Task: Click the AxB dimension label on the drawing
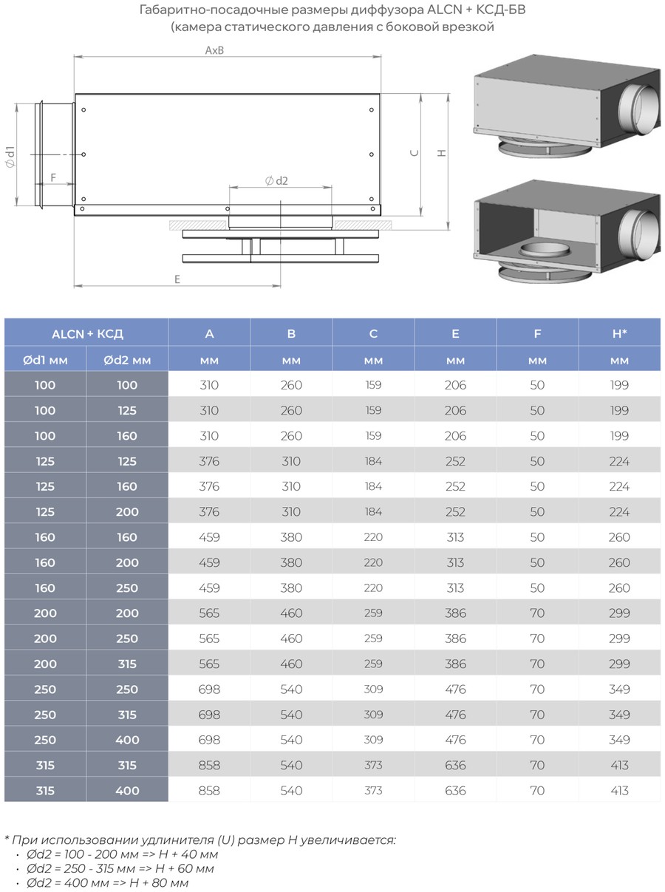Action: click(x=214, y=50)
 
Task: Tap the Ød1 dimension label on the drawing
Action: click(x=10, y=157)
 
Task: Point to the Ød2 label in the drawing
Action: click(x=276, y=181)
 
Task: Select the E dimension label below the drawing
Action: click(x=177, y=279)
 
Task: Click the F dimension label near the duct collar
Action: click(x=53, y=177)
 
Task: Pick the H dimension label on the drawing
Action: click(x=442, y=153)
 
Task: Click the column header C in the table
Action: click(x=373, y=333)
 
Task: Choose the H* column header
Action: click(x=619, y=333)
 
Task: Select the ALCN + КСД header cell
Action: click(x=87, y=334)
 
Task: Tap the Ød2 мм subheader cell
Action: click(x=127, y=360)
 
